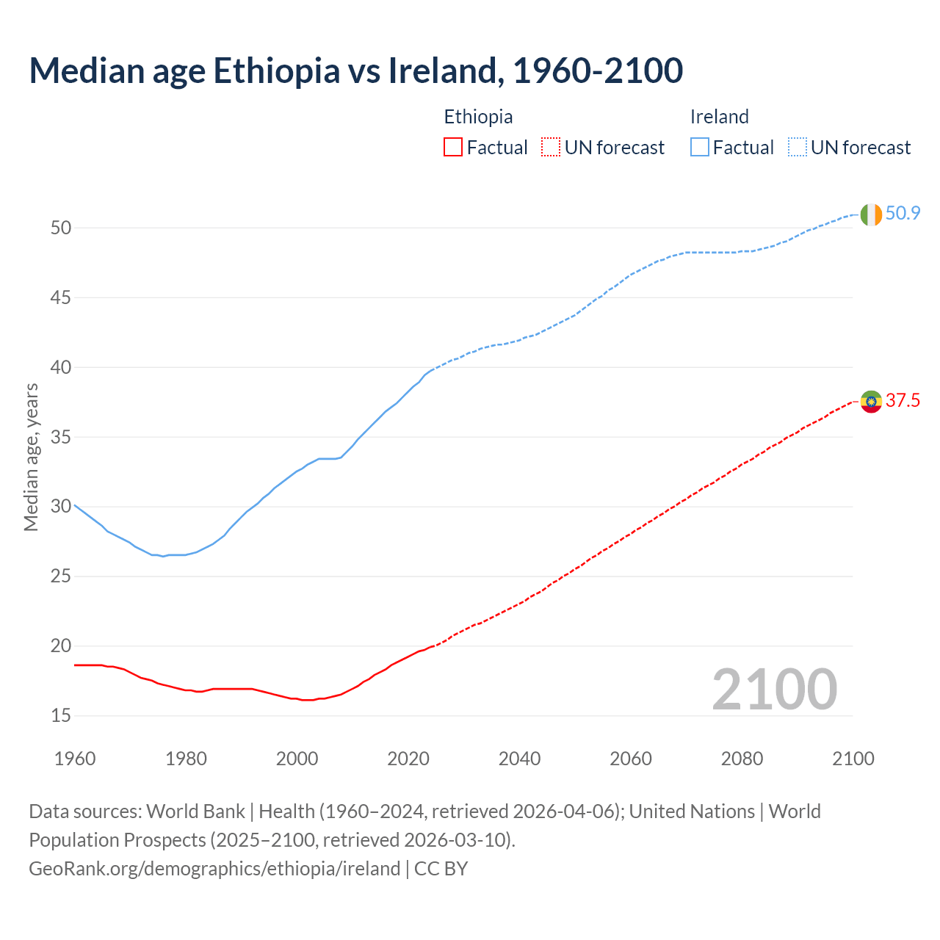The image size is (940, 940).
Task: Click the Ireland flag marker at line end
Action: pyautogui.click(x=870, y=214)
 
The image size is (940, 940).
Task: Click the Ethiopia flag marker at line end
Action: pyautogui.click(x=871, y=402)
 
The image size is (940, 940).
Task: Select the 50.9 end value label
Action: pyautogui.click(x=903, y=214)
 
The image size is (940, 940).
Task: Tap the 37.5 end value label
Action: pyautogui.click(x=903, y=401)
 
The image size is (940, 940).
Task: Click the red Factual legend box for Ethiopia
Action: pyautogui.click(x=453, y=148)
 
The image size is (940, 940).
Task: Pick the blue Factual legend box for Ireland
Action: pyautogui.click(x=699, y=148)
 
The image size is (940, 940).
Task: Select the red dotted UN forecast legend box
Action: pyautogui.click(x=551, y=148)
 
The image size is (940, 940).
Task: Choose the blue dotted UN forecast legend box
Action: pyautogui.click(x=797, y=148)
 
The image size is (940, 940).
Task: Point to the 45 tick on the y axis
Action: pyautogui.click(x=61, y=298)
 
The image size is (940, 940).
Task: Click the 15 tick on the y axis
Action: pyautogui.click(x=61, y=716)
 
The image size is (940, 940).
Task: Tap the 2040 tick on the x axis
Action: pyautogui.click(x=519, y=759)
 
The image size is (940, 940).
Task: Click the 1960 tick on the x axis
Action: pyautogui.click(x=75, y=759)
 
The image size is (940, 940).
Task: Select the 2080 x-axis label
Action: pyautogui.click(x=742, y=759)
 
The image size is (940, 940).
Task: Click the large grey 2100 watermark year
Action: pyautogui.click(x=774, y=690)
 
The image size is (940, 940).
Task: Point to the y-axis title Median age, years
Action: pyautogui.click(x=31, y=457)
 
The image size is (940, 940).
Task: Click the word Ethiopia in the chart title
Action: pyautogui.click(x=277, y=70)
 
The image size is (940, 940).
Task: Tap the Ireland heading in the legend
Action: pyautogui.click(x=719, y=117)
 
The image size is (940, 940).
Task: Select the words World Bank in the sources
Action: pyautogui.click(x=195, y=811)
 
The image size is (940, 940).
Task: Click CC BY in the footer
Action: pyautogui.click(x=441, y=869)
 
